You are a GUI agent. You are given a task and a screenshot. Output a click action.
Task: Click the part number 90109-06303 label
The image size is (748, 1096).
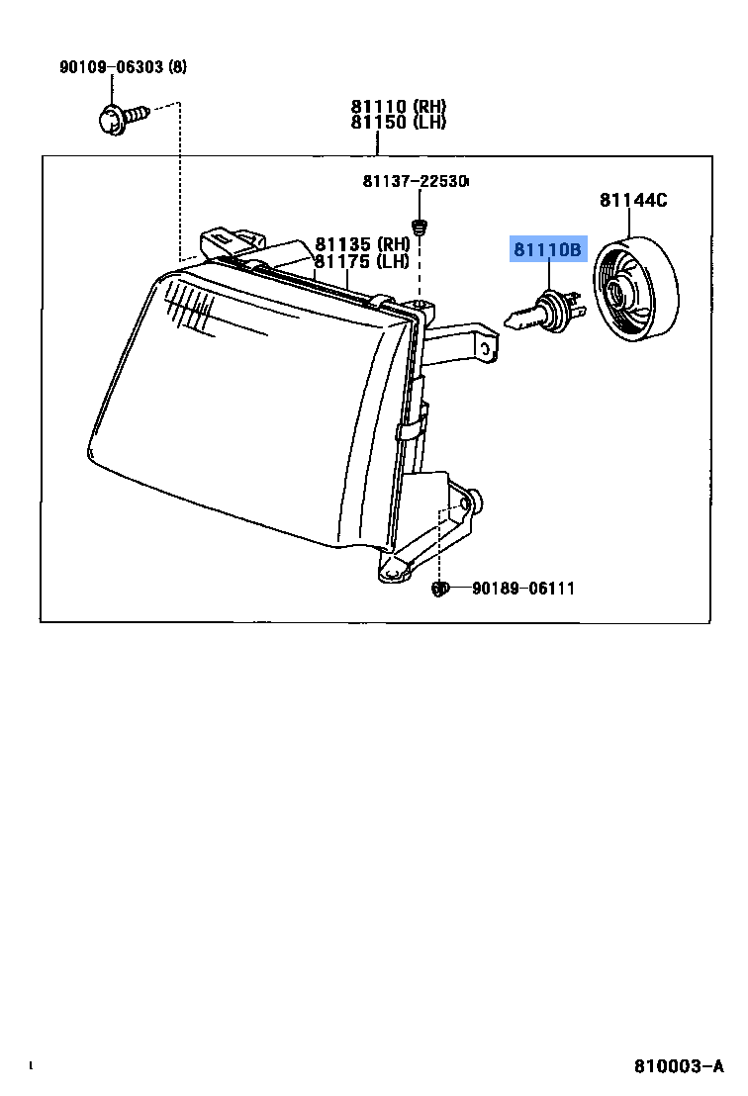pos(112,67)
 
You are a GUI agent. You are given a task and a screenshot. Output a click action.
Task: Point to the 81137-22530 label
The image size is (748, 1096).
pos(415,181)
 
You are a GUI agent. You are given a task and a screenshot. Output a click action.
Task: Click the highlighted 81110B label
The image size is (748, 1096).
pos(548,249)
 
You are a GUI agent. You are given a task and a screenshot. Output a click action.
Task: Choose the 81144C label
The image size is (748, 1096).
pos(633,201)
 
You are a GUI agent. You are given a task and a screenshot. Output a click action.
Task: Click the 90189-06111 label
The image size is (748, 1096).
pos(522,589)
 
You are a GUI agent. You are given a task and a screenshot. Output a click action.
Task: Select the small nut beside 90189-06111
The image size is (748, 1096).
pos(441,590)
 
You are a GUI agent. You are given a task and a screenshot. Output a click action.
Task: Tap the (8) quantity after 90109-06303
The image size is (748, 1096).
pos(177,67)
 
